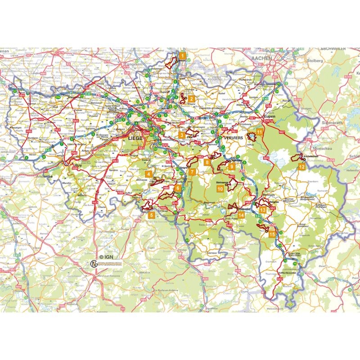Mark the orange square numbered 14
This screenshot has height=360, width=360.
click(x=242, y=215)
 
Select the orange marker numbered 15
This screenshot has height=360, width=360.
click(x=272, y=234)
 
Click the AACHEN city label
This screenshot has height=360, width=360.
click(x=262, y=58)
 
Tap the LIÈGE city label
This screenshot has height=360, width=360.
click(x=135, y=139)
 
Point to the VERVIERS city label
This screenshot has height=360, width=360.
click(x=231, y=136)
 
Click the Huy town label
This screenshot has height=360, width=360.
click(x=78, y=165)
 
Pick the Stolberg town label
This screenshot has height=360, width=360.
click(x=315, y=60)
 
